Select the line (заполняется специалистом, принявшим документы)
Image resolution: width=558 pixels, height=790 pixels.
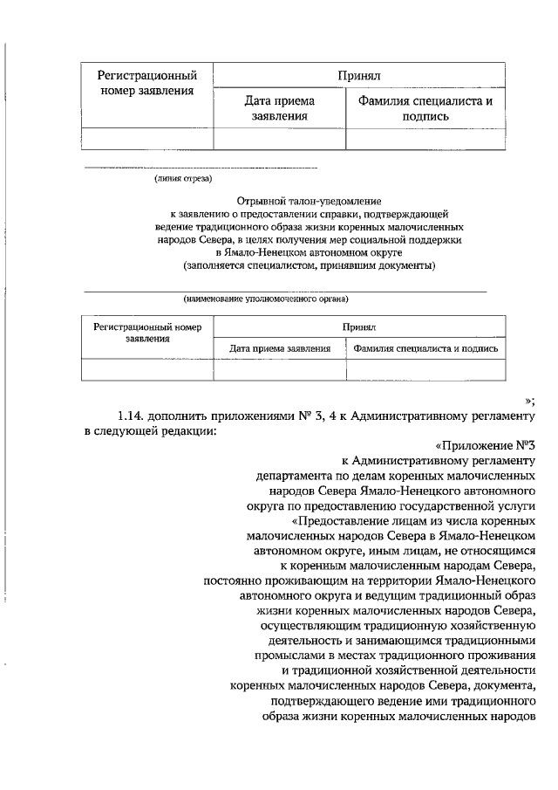pos(309,264)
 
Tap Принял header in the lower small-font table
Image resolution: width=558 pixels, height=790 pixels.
pos(358,327)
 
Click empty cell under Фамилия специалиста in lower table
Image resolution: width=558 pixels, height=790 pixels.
pos(425,370)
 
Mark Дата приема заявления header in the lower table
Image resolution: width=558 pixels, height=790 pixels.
pos(279,348)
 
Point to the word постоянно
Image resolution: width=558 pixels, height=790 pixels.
pos(231,580)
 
